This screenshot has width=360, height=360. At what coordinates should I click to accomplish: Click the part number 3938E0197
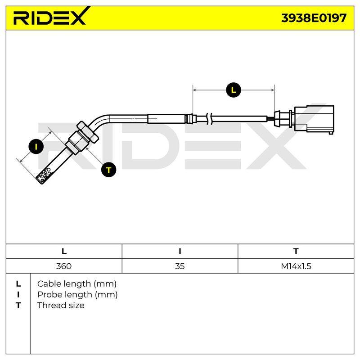click(x=314, y=18)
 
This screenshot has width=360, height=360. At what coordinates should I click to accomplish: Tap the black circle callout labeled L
click(x=234, y=90)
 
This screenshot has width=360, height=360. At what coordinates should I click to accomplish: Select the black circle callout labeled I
click(x=36, y=147)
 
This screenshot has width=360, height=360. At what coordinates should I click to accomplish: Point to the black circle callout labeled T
click(x=108, y=170)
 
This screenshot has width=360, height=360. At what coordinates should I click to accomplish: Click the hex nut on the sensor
click(x=88, y=132)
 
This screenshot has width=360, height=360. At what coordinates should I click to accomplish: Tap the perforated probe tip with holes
click(x=45, y=175)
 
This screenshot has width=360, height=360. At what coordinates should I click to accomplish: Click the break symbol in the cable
click(x=210, y=119)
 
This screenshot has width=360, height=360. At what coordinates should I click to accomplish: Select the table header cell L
click(x=64, y=251)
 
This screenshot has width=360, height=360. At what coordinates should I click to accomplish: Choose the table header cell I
click(x=180, y=251)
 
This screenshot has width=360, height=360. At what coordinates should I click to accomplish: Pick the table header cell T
click(x=296, y=251)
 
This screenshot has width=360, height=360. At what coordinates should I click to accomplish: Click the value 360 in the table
click(x=64, y=266)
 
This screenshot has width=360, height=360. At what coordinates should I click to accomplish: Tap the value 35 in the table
click(x=180, y=266)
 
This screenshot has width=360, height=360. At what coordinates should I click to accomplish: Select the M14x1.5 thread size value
click(x=296, y=266)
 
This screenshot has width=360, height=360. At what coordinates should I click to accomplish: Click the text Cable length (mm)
click(x=77, y=284)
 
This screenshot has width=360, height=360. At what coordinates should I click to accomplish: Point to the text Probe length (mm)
click(x=77, y=295)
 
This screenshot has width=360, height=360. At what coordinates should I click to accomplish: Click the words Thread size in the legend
click(x=61, y=306)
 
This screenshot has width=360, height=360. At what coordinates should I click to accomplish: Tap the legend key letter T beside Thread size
click(x=18, y=306)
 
